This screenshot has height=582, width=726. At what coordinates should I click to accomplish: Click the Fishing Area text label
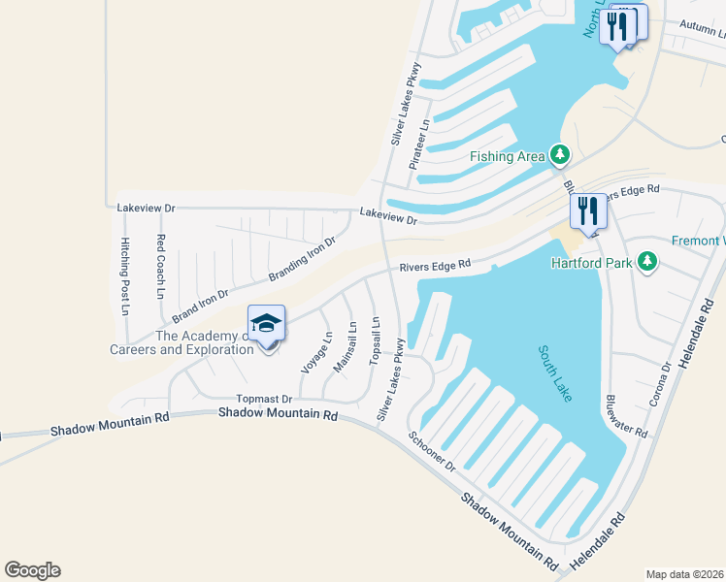(x=507, y=156)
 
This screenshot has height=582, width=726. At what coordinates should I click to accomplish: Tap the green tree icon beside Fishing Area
(x=559, y=153)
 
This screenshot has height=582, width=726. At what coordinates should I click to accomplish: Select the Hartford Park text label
(x=592, y=263)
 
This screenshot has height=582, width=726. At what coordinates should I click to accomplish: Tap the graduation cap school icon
(x=265, y=323)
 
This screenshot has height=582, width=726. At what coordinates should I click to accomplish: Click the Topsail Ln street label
(x=375, y=340)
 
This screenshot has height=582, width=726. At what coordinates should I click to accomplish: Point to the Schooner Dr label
(x=431, y=452)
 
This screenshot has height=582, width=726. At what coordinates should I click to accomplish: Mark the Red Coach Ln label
(x=161, y=267)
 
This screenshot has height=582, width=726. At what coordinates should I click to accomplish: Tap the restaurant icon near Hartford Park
(x=585, y=211)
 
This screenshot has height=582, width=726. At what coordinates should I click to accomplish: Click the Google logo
(x=32, y=570)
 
